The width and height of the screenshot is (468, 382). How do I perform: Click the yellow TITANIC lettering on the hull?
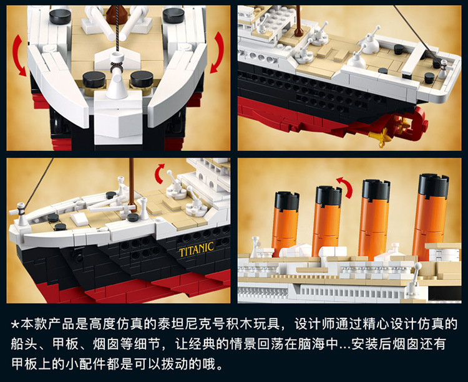(197, 250)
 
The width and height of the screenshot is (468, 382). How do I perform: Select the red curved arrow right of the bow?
(218, 52)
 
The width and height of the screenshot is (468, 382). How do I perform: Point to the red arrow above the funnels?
(345, 186)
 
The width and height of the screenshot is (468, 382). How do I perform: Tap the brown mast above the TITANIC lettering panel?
(132, 184)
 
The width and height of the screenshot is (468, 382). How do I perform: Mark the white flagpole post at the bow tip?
(21, 214)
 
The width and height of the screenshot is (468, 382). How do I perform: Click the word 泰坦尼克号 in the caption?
(190, 324)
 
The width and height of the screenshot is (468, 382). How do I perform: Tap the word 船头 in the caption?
(24, 344)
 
